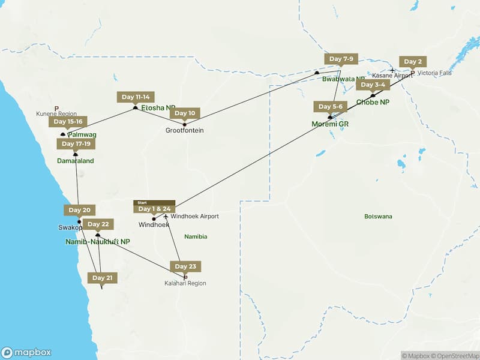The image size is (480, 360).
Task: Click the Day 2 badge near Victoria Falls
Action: pos(413,62)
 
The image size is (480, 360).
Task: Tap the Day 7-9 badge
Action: pos(341,59)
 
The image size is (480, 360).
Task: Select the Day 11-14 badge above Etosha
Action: pos(136,97)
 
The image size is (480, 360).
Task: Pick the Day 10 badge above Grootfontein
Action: pos(184,113)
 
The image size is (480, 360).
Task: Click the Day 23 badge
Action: pos(185,266)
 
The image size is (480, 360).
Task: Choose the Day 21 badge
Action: pos(101,278)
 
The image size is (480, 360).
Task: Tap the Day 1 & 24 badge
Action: pos(154,209)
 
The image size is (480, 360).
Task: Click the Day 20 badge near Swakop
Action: pos(79,210)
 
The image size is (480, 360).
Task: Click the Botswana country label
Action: pos(378,216)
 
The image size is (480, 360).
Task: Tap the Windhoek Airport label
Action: pos(194,216)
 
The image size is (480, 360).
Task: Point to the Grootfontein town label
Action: pos(185,130)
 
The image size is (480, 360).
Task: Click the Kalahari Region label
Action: pos(185,283)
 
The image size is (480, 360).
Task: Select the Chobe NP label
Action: pos(373,103)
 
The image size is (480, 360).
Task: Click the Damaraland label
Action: pos(75,161)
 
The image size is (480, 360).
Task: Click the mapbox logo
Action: pos(26,353)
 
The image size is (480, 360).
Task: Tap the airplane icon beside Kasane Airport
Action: pos(392,70)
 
